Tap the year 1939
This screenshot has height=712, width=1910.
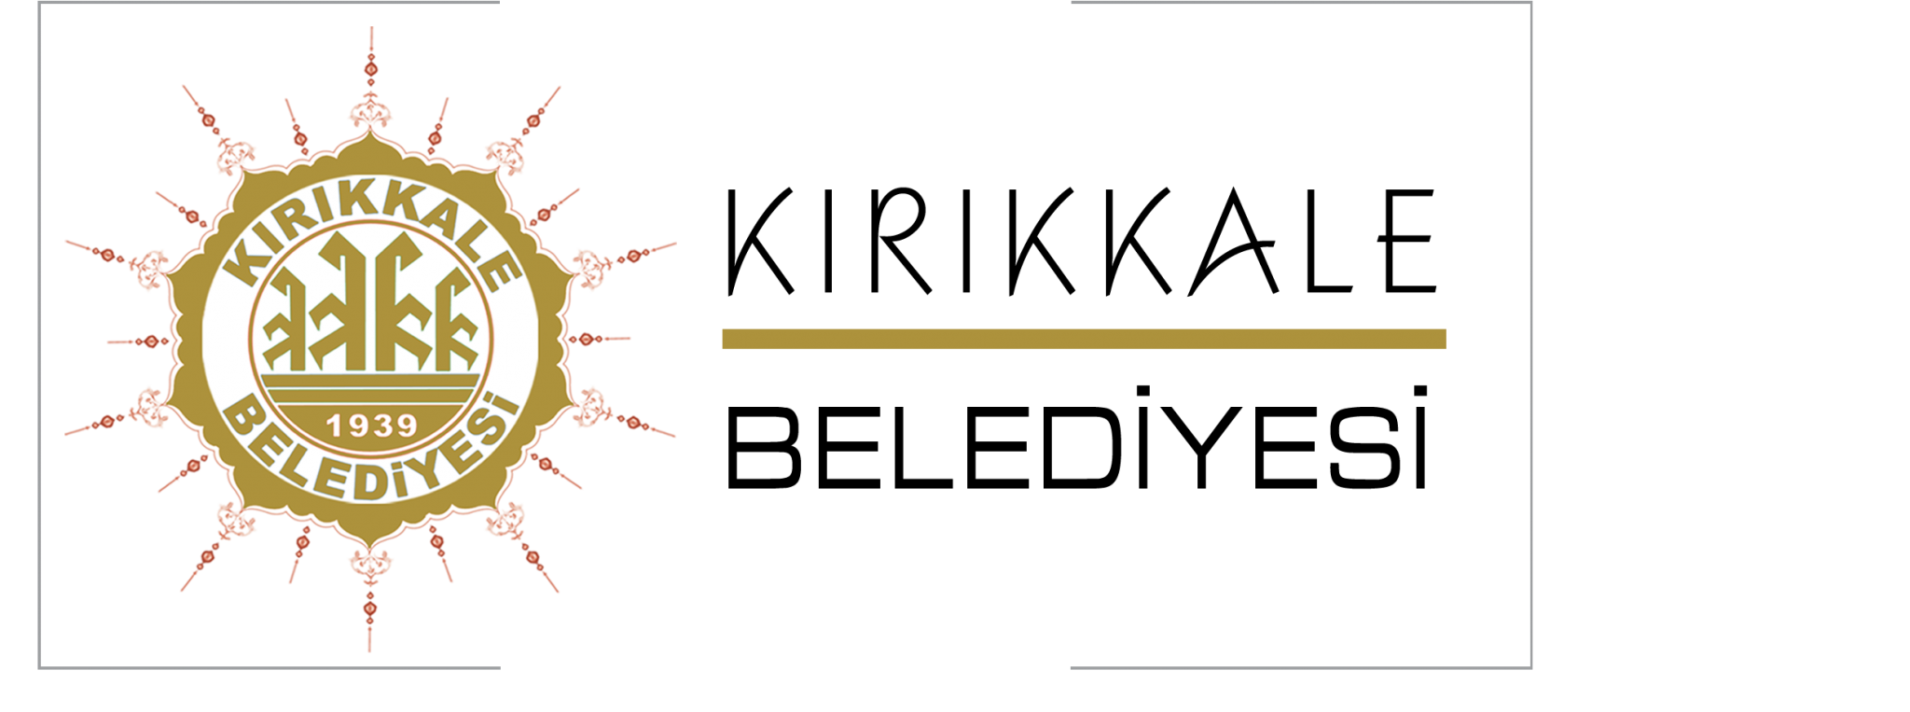click(371, 426)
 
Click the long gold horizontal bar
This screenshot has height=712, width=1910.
click(1084, 339)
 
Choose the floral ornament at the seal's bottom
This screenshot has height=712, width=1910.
click(370, 563)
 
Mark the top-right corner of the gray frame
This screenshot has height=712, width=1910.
click(1531, 3)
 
